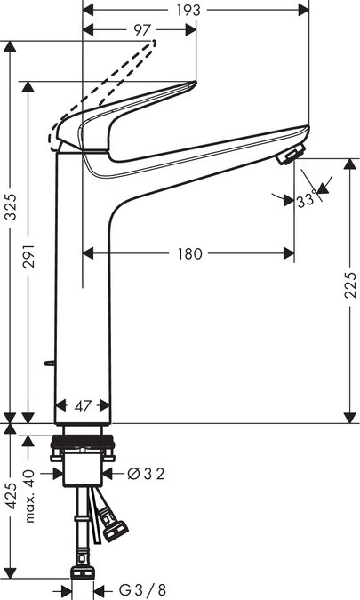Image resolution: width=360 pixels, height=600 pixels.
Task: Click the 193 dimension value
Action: coord(188,10)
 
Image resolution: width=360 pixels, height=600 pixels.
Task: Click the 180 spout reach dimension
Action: coord(188,253)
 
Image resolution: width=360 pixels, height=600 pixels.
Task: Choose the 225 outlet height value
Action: coord(350,285)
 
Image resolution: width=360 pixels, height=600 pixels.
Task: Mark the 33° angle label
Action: coord(307,201)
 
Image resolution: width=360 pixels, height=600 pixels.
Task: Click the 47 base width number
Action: coord(82,406)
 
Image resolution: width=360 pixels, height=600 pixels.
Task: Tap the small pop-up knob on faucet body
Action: coord(49,364)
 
